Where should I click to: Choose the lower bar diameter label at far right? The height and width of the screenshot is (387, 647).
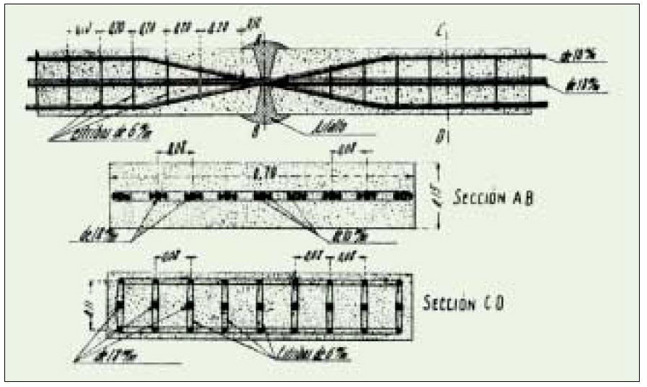pyautogui.click(x=581, y=87)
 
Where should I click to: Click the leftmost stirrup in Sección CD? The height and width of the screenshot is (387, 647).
pyautogui.click(x=120, y=306)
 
